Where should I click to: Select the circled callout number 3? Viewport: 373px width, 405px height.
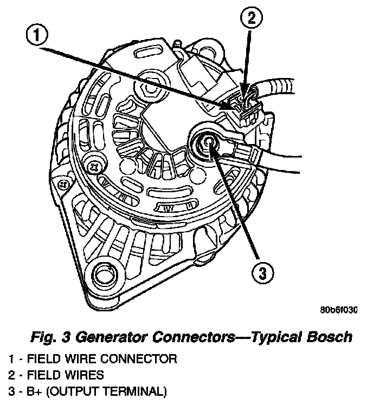[x=262, y=273]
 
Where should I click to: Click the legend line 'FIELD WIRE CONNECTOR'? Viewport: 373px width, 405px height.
[x=101, y=358]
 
